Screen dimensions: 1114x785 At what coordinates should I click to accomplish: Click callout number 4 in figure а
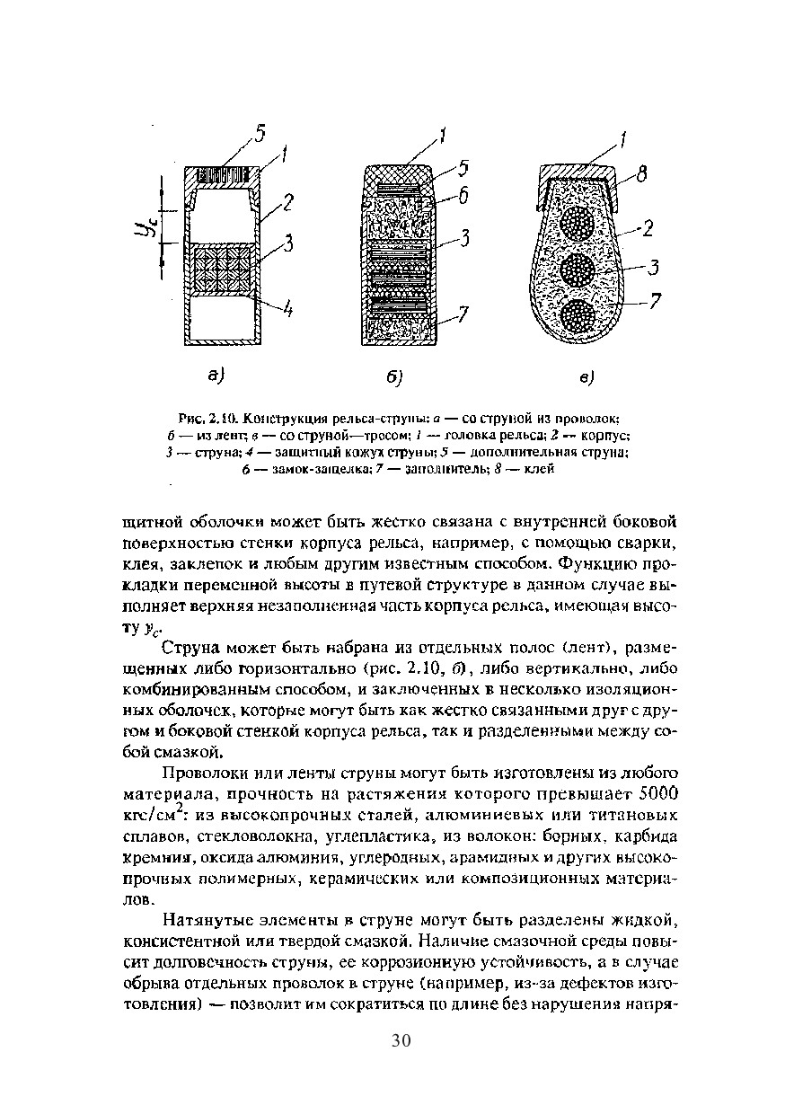pyautogui.click(x=287, y=311)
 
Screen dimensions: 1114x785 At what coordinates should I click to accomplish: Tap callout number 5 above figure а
pyautogui.click(x=259, y=134)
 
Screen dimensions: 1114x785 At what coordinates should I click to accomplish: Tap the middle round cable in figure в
pyautogui.click(x=580, y=269)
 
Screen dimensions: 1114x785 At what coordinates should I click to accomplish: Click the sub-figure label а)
pyautogui.click(x=216, y=375)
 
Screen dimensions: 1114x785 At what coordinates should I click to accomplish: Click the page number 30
pyautogui.click(x=401, y=1040)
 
